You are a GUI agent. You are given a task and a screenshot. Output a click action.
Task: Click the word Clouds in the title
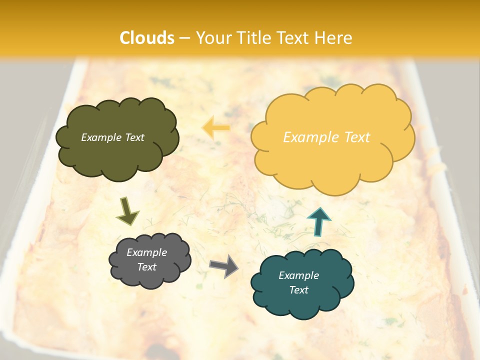pos(147,38)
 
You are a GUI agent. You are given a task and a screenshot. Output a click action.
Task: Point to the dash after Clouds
pos(184,38)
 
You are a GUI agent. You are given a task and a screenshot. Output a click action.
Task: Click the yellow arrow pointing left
pos(215,128)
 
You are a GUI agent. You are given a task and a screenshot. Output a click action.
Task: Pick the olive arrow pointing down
pos(127,210)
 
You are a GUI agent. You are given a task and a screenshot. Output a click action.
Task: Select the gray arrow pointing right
pos(223,266)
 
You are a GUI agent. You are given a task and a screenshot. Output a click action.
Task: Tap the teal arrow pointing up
pos(319,222)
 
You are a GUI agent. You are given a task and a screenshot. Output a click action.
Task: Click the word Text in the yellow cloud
pos(357,137)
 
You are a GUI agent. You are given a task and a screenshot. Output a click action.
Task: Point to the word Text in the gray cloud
pos(147,267)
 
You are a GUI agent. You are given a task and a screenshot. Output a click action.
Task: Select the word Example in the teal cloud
pos(298,275)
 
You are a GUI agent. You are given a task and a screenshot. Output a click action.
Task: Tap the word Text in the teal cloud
pos(298,290)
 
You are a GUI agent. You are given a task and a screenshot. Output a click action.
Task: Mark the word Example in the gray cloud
pos(146,252)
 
